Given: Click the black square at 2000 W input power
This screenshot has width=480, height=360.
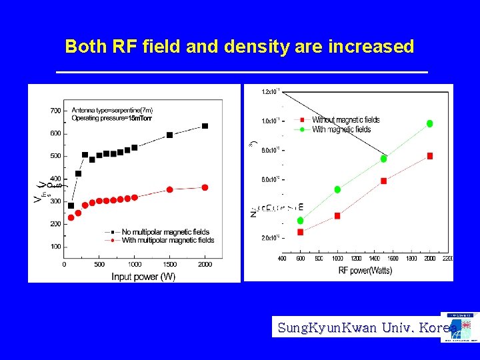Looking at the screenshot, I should pos(205,125).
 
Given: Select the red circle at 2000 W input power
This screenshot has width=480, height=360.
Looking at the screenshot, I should pos(205,187).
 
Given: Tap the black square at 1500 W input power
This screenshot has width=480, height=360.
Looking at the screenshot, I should pos(169,135).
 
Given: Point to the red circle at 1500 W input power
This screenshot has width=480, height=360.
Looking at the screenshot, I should pos(169,189).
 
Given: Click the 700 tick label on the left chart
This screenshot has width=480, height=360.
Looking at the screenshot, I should pos(55,111).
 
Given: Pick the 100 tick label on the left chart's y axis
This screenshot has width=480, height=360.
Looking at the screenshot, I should pos(55,247).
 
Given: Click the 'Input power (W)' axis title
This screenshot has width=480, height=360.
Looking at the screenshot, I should pos(143,276).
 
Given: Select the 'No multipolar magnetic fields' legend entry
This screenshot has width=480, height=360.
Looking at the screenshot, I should pos(165,232).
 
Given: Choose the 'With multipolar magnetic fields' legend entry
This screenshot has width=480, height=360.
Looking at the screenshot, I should pos(168,240).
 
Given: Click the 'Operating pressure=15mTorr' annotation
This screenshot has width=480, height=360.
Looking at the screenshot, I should pos(112,119).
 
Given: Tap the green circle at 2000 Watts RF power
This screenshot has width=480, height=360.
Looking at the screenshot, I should pos(430,123).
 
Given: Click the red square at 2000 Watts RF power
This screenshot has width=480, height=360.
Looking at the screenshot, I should pos(430,155).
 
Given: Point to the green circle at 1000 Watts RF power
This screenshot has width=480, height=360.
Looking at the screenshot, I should pos(337,189).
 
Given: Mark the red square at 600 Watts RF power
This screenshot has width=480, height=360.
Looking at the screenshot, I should pos(301,232).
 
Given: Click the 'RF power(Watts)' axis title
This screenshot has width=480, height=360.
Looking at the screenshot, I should pos(365,270).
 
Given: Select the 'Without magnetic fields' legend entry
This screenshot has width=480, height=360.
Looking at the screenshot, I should pos(345,120).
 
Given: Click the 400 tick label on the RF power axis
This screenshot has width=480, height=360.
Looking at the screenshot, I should pos(282,258).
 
